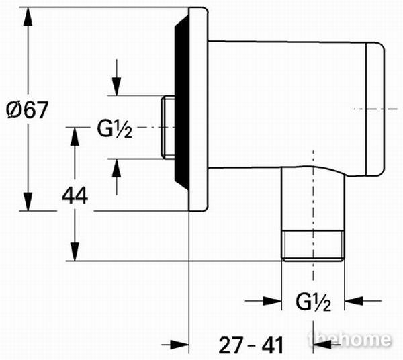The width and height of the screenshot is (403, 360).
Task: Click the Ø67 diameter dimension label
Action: point(28,110)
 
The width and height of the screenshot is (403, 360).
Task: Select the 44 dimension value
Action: point(75,195)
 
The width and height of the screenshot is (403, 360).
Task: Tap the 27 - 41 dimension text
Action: point(251,345)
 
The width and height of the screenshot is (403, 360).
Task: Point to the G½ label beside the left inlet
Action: point(115,129)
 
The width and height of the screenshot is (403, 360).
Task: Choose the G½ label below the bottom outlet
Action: point(313,302)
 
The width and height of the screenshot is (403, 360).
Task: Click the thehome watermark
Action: point(350,339)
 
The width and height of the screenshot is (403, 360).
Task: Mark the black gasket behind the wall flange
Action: point(182,103)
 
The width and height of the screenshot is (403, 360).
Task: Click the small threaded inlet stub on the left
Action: point(168,127)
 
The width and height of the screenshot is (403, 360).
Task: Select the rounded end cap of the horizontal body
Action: point(375,109)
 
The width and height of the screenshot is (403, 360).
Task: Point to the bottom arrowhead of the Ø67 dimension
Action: point(28,201)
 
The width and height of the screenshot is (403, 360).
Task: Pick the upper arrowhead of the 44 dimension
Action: point(75,137)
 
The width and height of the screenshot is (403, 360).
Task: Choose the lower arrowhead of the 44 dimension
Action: point(75,252)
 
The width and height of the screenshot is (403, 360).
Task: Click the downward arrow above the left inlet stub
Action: point(116,78)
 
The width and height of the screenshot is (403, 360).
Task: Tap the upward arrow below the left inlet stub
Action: point(116,177)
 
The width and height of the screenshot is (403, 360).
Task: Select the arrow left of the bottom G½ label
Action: point(263,300)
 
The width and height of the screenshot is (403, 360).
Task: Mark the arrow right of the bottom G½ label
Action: point(363,300)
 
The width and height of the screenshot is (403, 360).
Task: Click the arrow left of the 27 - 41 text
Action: point(175,345)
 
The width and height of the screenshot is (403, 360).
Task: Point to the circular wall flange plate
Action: point(198,109)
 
